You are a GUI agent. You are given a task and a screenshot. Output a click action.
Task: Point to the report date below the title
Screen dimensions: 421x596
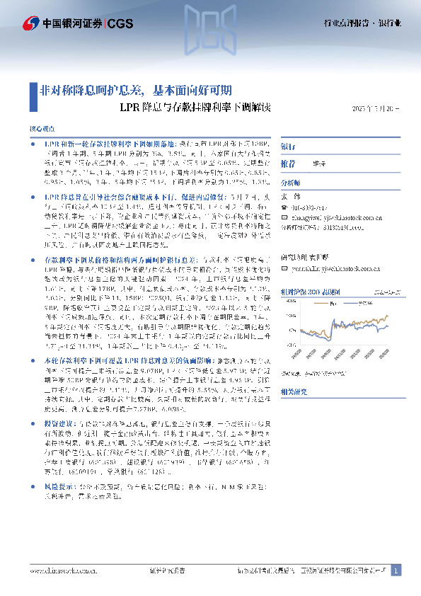point(376,109)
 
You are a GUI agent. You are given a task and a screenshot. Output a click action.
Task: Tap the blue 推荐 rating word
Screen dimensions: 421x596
point(289,164)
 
